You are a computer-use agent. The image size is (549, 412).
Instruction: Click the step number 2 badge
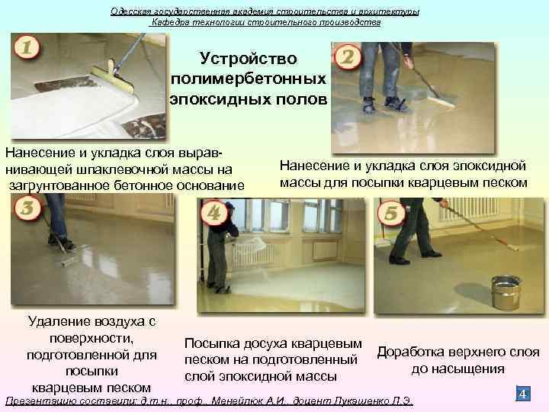[x=348, y=58]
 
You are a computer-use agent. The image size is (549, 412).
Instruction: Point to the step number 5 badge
[x=392, y=214]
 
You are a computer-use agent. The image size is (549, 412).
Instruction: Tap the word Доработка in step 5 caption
[x=416, y=352]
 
